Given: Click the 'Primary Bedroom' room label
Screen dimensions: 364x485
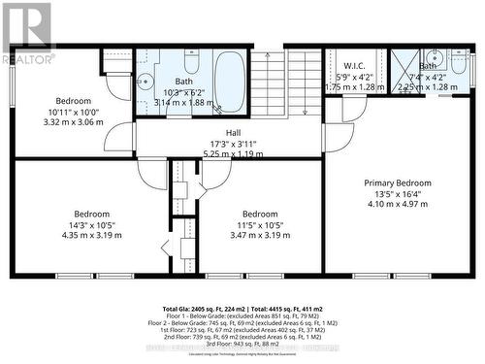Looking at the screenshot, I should pyautogui.click(x=398, y=182).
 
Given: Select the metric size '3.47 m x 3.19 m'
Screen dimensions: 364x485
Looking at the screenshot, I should pyautogui.click(x=260, y=235).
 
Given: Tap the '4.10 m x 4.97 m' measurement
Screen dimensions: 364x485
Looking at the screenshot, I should pyautogui.click(x=398, y=205).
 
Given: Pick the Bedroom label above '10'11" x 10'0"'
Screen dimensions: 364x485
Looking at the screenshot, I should pyautogui.click(x=73, y=101).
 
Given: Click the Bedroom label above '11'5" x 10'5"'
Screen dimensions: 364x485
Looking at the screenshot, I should pyautogui.click(x=260, y=214).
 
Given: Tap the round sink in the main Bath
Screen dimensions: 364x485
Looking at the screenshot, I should pyautogui.click(x=145, y=82).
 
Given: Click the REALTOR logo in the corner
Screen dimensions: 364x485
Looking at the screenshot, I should pyautogui.click(x=27, y=34).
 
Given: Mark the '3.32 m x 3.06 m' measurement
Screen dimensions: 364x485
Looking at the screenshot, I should pyautogui.click(x=73, y=123).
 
